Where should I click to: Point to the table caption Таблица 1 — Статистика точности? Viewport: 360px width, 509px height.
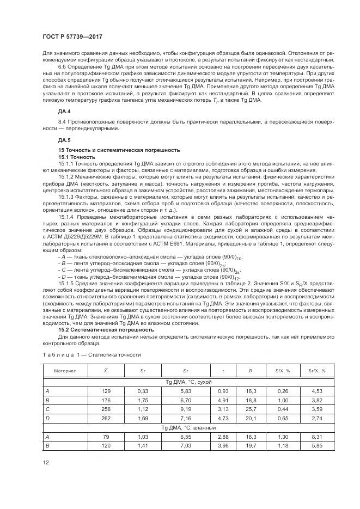(91, 354)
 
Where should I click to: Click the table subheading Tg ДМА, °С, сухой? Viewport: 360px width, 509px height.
(188, 382)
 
